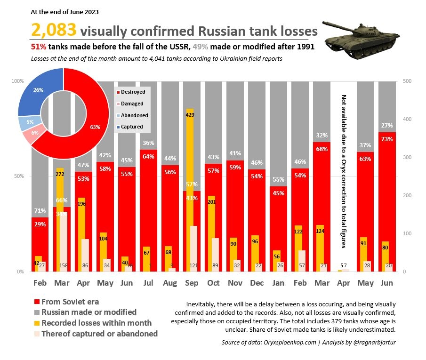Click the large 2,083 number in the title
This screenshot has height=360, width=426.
pyautogui.click(x=54, y=31)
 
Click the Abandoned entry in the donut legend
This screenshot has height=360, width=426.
pyautogui.click(x=134, y=115)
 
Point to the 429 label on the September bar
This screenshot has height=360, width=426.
pyautogui.click(x=190, y=115)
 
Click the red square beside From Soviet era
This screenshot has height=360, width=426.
pyautogui.click(x=36, y=302)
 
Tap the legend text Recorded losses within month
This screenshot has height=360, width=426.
pyautogui.click(x=96, y=323)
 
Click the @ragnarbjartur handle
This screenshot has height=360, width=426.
pyautogui.click(x=372, y=342)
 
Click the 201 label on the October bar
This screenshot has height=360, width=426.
pyautogui.click(x=212, y=202)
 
